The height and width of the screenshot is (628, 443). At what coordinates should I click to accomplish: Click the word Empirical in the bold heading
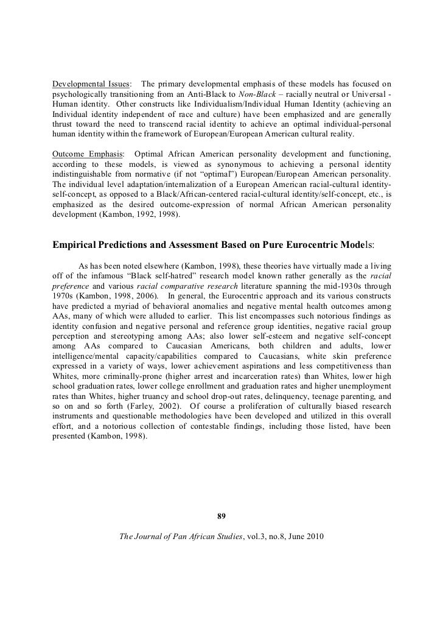click(x=75, y=245)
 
